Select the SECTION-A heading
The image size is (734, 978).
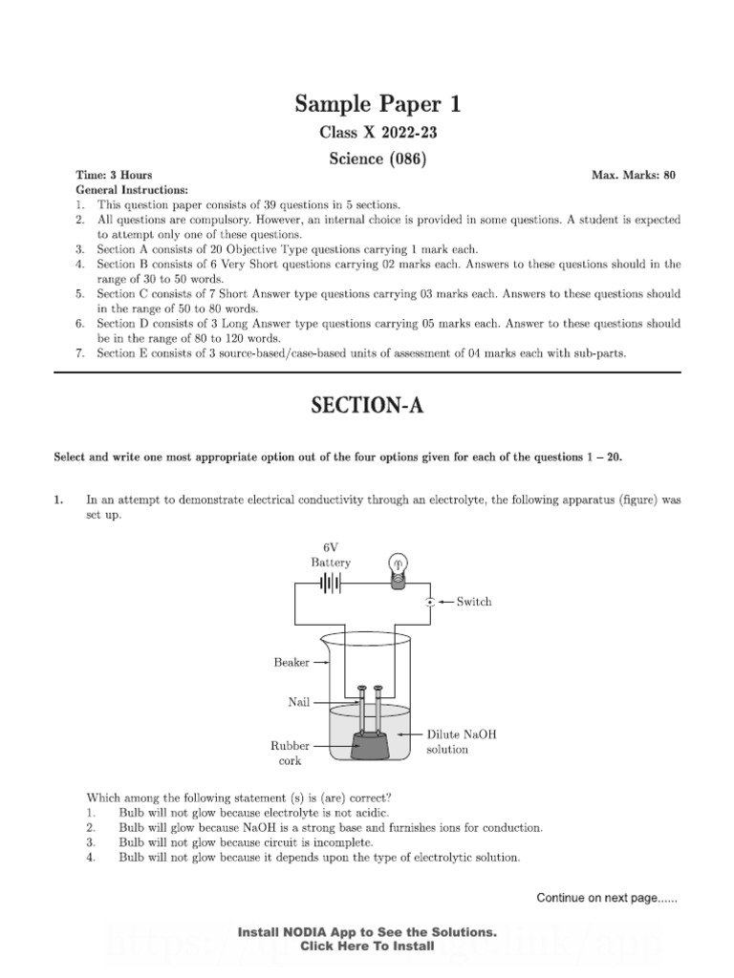367,406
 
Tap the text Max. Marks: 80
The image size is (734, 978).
634,176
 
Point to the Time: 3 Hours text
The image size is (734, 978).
115,176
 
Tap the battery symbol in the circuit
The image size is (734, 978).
331,583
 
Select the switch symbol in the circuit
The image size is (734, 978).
430,602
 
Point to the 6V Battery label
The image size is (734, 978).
331,555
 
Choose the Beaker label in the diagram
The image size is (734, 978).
292,662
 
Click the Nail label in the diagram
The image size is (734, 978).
300,702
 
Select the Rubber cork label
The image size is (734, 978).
287,753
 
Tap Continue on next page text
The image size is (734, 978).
607,898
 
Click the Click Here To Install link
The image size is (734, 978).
367,946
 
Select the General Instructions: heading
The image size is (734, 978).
132,190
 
